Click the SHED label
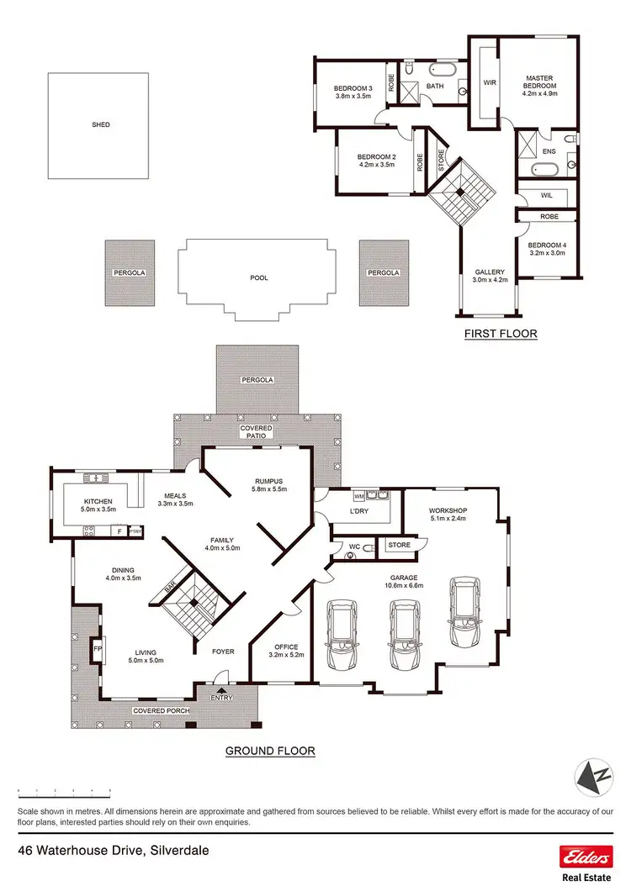[x=101, y=125]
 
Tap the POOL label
[x=260, y=277]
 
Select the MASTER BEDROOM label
[x=540, y=81]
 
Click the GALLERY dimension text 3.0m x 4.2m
[x=489, y=281]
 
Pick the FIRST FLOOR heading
[x=501, y=334]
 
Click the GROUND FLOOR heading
[x=270, y=751]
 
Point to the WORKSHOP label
[x=448, y=511]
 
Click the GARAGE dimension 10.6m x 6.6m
[x=406, y=585]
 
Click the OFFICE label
[x=285, y=646]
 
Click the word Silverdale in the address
[x=178, y=851]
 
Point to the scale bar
[x=65, y=791]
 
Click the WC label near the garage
[x=354, y=547]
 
